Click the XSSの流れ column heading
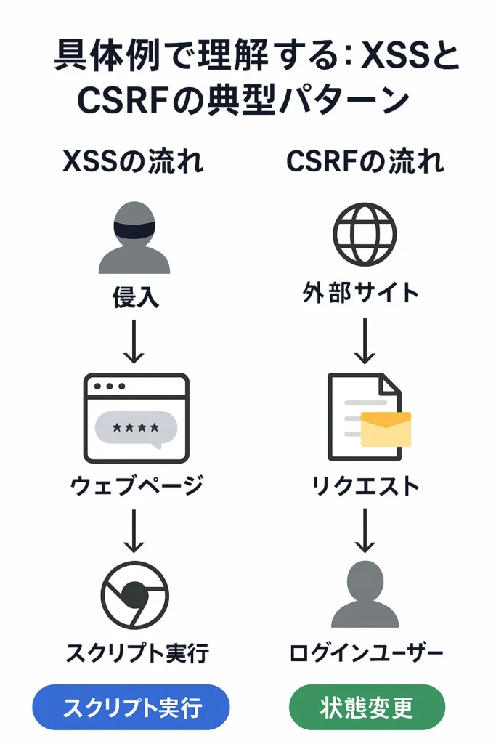(x=133, y=161)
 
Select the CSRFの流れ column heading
(x=365, y=161)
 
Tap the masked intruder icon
(x=134, y=238)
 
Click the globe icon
(x=365, y=234)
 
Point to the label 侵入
(x=134, y=296)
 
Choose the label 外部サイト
(x=361, y=293)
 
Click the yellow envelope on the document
(x=386, y=429)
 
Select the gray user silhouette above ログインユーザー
(x=365, y=595)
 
